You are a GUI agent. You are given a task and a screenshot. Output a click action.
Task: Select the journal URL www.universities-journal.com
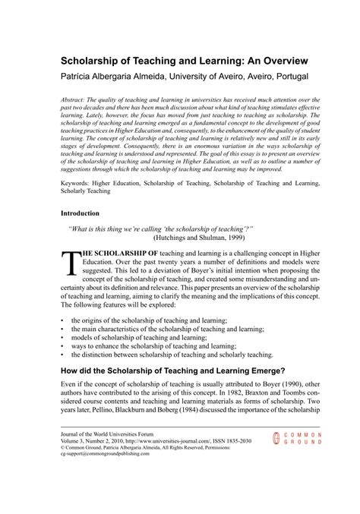(192, 461)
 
